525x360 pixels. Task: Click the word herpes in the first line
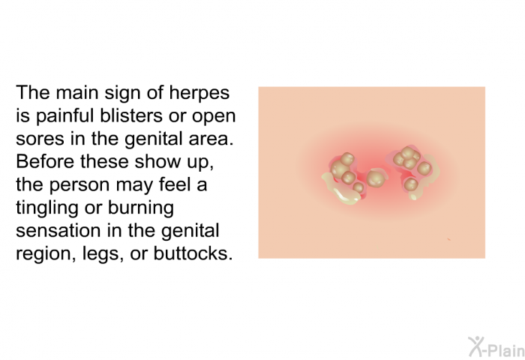[199, 93]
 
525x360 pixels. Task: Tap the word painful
[64, 116]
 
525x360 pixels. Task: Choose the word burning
[141, 208]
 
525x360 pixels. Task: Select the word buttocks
[193, 253]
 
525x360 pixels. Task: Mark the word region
[43, 254]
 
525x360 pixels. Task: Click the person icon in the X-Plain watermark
[476, 346]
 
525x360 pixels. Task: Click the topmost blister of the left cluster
[347, 159]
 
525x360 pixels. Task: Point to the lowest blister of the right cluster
[411, 184]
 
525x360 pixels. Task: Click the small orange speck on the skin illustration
[448, 239]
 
